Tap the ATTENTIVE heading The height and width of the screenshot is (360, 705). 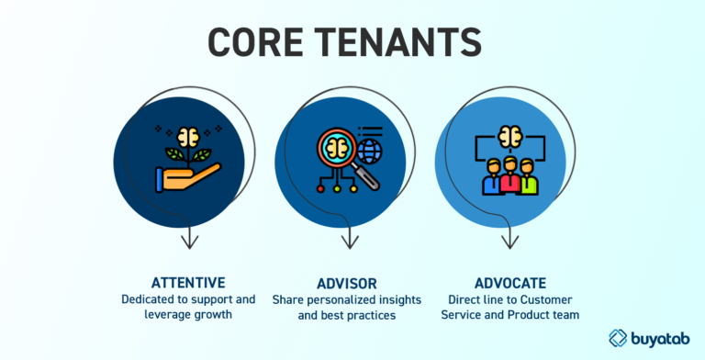click(x=189, y=284)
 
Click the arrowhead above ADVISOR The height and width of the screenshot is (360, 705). click(x=350, y=242)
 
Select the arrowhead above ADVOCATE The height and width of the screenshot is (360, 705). click(x=509, y=242)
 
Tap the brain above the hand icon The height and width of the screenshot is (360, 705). click(x=189, y=135)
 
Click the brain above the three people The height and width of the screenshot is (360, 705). click(x=509, y=136)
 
